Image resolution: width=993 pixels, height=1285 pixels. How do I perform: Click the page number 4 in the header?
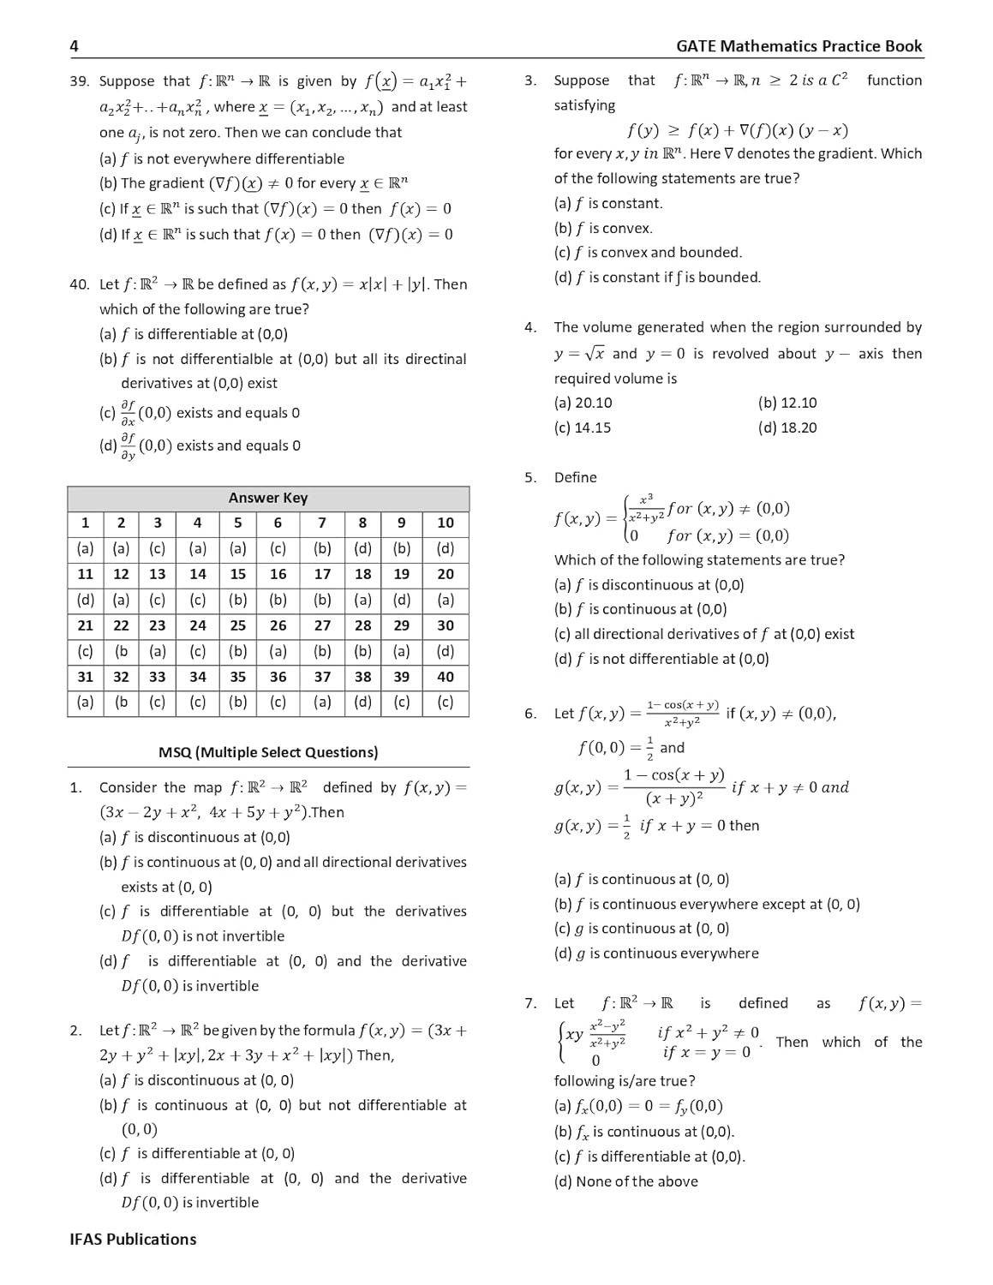[75, 46]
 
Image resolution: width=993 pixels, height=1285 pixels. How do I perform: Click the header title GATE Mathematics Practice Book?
[799, 46]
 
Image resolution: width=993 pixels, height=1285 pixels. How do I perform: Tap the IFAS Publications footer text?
[133, 1239]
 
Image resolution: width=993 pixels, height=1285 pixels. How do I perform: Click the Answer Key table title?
[267, 498]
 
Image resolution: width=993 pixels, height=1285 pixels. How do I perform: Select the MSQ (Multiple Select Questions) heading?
[267, 752]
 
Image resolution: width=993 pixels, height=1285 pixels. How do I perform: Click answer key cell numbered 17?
[322, 574]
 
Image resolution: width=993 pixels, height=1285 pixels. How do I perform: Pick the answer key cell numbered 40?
[446, 677]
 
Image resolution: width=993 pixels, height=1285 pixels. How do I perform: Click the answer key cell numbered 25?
[237, 625]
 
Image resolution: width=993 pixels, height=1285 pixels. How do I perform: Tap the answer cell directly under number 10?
[446, 548]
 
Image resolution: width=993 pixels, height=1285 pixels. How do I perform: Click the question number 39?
[79, 81]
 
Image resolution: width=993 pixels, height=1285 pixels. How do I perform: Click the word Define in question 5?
[575, 477]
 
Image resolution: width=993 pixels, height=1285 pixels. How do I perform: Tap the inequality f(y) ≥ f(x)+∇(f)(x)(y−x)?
[737, 130]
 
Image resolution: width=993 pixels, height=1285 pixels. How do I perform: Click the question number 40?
[79, 284]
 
